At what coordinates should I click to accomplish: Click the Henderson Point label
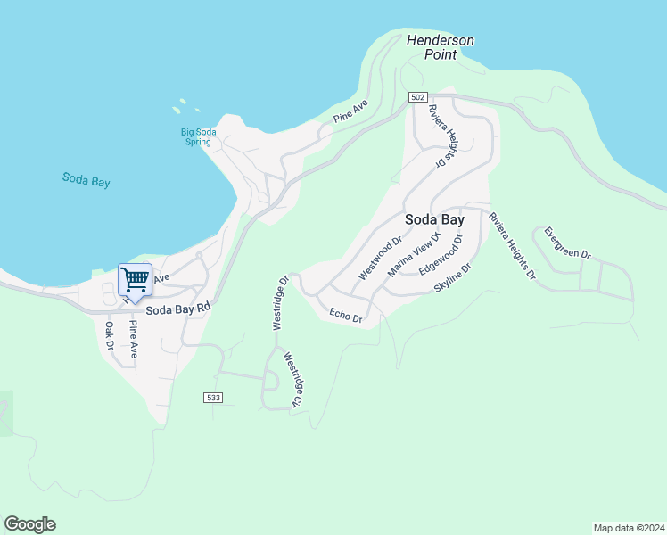pyautogui.click(x=441, y=47)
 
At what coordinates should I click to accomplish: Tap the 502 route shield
pyautogui.click(x=418, y=96)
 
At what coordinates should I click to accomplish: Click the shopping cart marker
pyautogui.click(x=135, y=280)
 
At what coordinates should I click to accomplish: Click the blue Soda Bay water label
pyautogui.click(x=86, y=179)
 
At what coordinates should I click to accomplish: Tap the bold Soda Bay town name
pyautogui.click(x=434, y=219)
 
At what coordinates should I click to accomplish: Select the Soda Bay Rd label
pyautogui.click(x=178, y=309)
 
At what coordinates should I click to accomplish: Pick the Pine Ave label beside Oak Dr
pyautogui.click(x=133, y=339)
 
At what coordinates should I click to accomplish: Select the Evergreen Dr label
pyautogui.click(x=567, y=242)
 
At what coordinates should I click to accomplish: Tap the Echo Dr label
pyautogui.click(x=345, y=315)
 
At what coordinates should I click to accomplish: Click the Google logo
pyautogui.click(x=29, y=524)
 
